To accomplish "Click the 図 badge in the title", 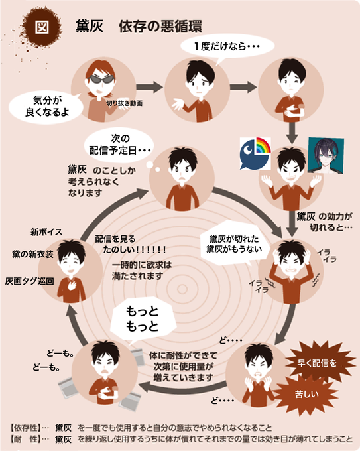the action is (x=42, y=27).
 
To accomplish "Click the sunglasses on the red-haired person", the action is (x=100, y=80).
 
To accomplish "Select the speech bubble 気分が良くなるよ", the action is (x=47, y=107).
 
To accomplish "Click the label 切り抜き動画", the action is (x=124, y=103).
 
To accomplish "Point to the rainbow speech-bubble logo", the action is (x=256, y=154).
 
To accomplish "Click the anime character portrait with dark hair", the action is (x=326, y=156).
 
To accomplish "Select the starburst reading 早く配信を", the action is (x=317, y=362).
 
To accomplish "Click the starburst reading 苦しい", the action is (x=306, y=393).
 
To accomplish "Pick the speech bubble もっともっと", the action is (x=143, y=320).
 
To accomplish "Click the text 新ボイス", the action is (x=46, y=232).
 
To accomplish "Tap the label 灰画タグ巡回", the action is (x=30, y=281).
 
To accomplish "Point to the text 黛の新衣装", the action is (x=32, y=255).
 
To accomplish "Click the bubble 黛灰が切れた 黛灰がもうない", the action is (x=235, y=244).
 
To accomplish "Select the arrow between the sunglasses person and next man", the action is (x=150, y=87).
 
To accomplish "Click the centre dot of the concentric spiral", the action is (x=182, y=289).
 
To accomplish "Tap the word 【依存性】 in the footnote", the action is (x=25, y=428).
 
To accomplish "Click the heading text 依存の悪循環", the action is (x=160, y=27).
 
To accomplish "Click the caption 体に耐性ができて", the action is (x=183, y=355).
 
